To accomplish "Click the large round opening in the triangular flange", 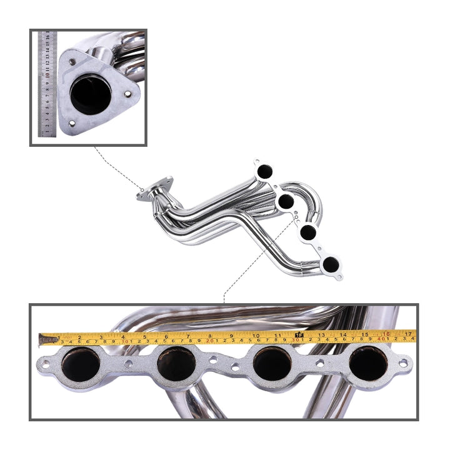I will [x=91, y=94].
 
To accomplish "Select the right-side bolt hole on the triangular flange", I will [x=128, y=94].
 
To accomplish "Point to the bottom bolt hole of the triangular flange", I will [x=71, y=123].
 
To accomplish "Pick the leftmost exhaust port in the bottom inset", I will [x=81, y=364].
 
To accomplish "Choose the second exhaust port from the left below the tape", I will [x=176, y=364].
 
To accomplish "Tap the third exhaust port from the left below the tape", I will [x=272, y=364].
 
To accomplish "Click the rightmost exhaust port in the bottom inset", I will [x=368, y=364].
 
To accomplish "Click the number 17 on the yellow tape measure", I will [x=408, y=334].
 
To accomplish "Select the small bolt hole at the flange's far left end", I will [x=45, y=361].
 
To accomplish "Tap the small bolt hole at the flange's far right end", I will [x=403, y=361].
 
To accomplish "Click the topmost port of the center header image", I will [x=265, y=170].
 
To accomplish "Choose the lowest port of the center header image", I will [x=330, y=264].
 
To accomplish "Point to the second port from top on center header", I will [x=286, y=201].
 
